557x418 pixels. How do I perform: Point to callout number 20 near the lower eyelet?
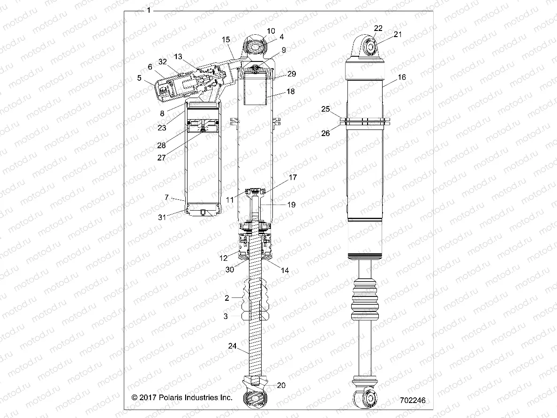[x=281, y=386]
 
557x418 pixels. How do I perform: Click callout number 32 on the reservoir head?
[x=162, y=62]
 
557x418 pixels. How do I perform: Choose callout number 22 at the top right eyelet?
[x=378, y=28]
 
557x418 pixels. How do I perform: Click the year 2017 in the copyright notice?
[x=149, y=397]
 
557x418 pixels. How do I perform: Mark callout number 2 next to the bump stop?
[x=226, y=298]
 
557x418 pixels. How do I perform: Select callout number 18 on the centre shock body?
[x=290, y=91]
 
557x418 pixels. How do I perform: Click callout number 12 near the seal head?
[x=223, y=258]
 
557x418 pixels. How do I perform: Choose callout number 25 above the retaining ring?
[x=325, y=109]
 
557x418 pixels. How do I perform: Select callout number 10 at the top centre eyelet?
[x=271, y=31]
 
